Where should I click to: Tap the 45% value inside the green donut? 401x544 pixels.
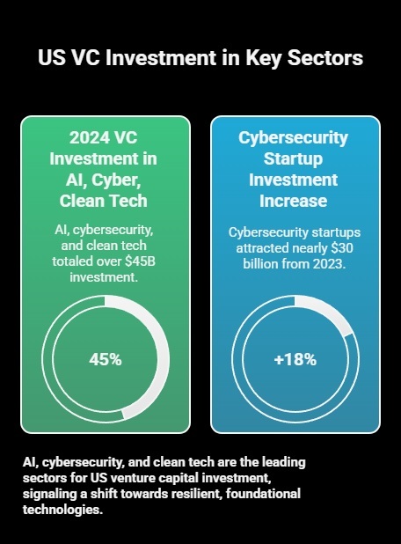[x=105, y=359]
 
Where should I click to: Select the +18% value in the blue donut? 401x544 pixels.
[x=295, y=359]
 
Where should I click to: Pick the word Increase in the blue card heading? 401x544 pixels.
[x=295, y=201]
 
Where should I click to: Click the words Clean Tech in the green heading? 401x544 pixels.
[x=105, y=201]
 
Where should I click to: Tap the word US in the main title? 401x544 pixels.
[x=50, y=58]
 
